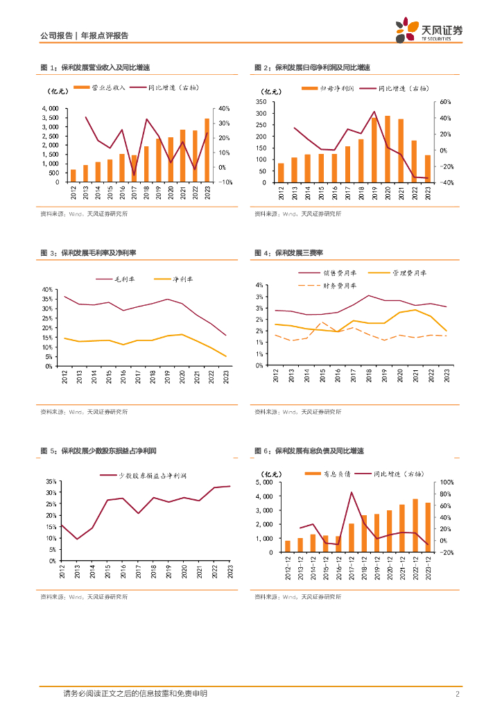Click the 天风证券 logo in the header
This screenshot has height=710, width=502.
pyautogui.click(x=429, y=30)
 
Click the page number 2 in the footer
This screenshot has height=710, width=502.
pyautogui.click(x=458, y=693)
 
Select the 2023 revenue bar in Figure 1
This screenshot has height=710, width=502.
pyautogui.click(x=207, y=150)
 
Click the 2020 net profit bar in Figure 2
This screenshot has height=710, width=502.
pyautogui.click(x=387, y=149)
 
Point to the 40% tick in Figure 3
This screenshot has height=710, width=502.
pyautogui.click(x=48, y=289)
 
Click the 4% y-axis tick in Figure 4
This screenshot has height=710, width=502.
pyautogui.click(x=258, y=285)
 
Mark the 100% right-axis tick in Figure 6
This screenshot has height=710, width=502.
pyautogui.click(x=447, y=482)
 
